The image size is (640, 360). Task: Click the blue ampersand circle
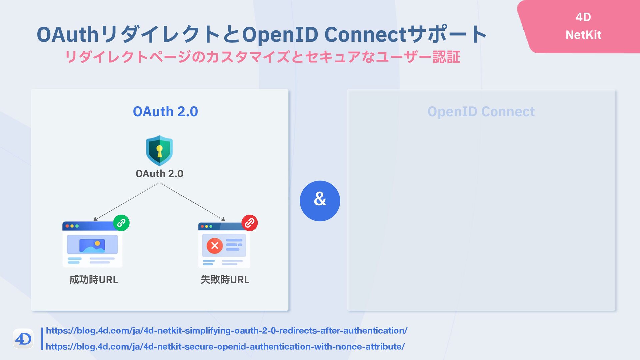(320, 201)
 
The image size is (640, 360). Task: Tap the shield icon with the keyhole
(159, 150)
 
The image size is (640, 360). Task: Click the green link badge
(121, 223)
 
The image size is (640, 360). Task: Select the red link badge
(250, 223)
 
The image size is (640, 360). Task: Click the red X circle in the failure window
(215, 246)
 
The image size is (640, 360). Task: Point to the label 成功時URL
(94, 279)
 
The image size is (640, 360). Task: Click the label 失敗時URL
(225, 279)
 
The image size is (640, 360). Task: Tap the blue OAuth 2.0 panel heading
(165, 111)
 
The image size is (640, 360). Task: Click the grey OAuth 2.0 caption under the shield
(159, 174)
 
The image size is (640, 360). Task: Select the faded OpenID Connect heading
(481, 111)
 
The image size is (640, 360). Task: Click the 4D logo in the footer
(23, 339)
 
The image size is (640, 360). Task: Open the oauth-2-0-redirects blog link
(227, 331)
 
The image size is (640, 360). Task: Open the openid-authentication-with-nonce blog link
(225, 347)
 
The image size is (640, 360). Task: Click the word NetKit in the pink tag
(583, 35)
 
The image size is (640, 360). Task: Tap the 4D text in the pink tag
(583, 17)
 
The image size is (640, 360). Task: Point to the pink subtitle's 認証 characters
(446, 57)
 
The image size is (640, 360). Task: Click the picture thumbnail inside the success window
(92, 245)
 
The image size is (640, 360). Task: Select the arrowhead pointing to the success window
(95, 219)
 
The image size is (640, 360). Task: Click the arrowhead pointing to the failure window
(223, 219)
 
